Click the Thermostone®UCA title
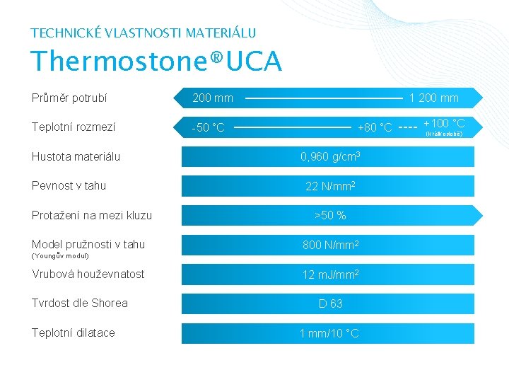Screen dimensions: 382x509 coord(156,62)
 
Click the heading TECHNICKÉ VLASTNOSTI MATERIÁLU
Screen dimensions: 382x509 coord(144,33)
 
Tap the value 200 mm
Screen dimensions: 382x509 coord(213,98)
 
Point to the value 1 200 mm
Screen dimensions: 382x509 coord(434,98)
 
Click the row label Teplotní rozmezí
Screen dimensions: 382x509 coord(74,127)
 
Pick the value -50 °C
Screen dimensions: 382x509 coord(209,128)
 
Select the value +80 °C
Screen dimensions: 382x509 coord(375,128)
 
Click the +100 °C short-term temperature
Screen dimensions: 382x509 coord(444,124)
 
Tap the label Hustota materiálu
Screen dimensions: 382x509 coord(76,156)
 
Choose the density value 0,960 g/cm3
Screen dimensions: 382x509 coord(331,156)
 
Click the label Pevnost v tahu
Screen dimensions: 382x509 coord(69,185)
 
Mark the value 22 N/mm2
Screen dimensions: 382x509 coord(330,186)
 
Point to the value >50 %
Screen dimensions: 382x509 coord(330,215)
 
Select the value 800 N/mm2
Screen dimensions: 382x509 coord(331,245)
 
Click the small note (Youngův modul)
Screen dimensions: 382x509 coord(60,255)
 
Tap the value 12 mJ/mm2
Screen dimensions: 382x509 coord(331,274)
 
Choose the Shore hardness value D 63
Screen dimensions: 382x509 coord(330,303)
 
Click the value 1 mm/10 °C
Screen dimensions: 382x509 coord(329,333)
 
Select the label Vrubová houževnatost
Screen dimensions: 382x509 coord(88,274)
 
